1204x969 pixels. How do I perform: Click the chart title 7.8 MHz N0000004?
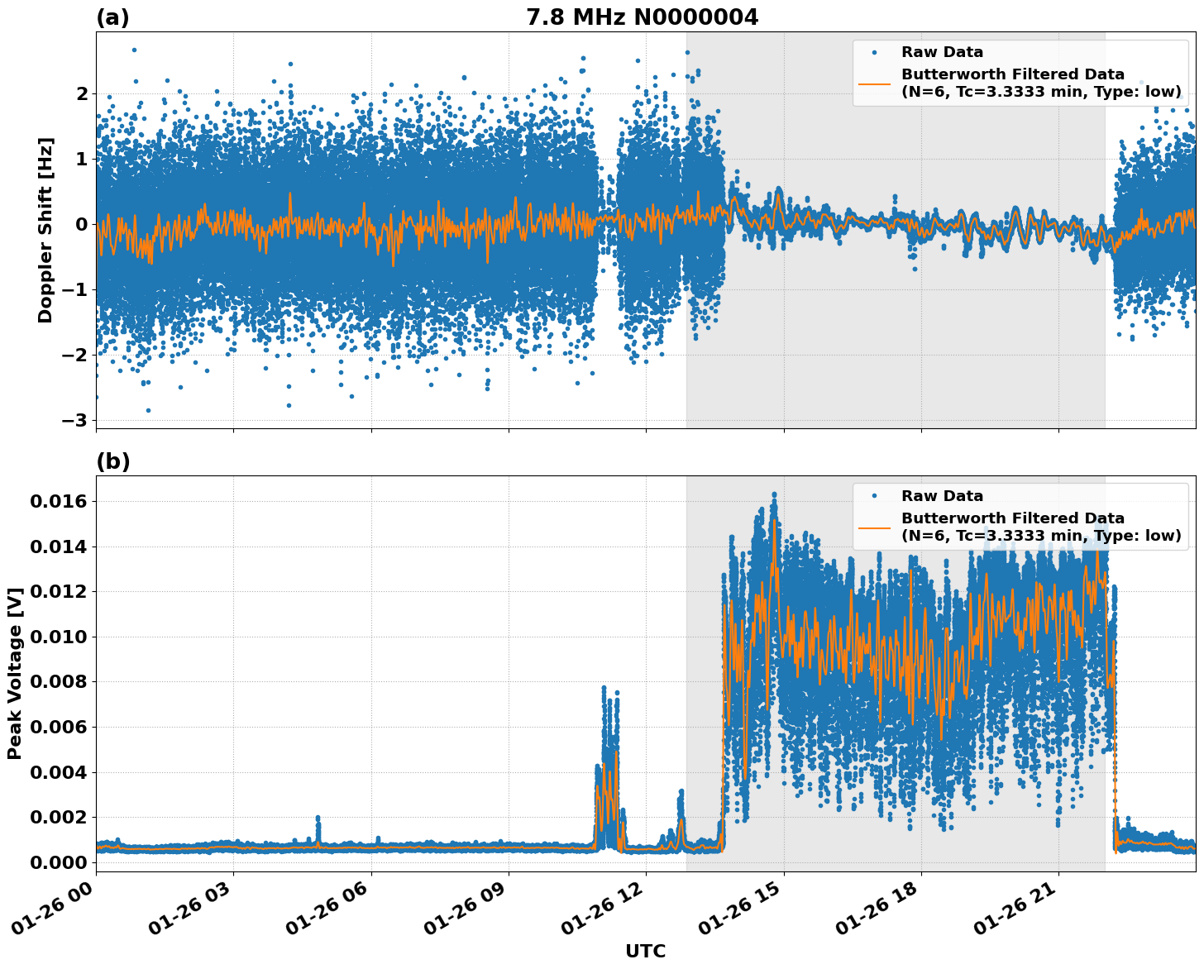click(642, 17)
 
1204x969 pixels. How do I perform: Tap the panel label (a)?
click(112, 17)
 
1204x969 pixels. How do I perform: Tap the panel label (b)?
click(112, 461)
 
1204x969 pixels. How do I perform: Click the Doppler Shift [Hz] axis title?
click(45, 230)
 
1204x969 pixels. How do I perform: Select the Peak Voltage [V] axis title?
click(15, 673)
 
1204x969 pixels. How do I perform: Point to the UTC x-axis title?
click(645, 951)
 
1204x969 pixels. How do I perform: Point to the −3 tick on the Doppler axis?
click(74, 420)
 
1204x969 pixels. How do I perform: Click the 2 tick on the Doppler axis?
click(81, 94)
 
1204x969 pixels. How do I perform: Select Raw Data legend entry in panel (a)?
click(942, 52)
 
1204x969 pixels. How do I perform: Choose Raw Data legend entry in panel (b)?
click(942, 496)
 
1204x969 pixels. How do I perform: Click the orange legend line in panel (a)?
click(875, 83)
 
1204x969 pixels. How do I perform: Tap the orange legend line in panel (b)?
click(875, 527)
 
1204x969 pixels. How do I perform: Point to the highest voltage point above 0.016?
click(774, 494)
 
